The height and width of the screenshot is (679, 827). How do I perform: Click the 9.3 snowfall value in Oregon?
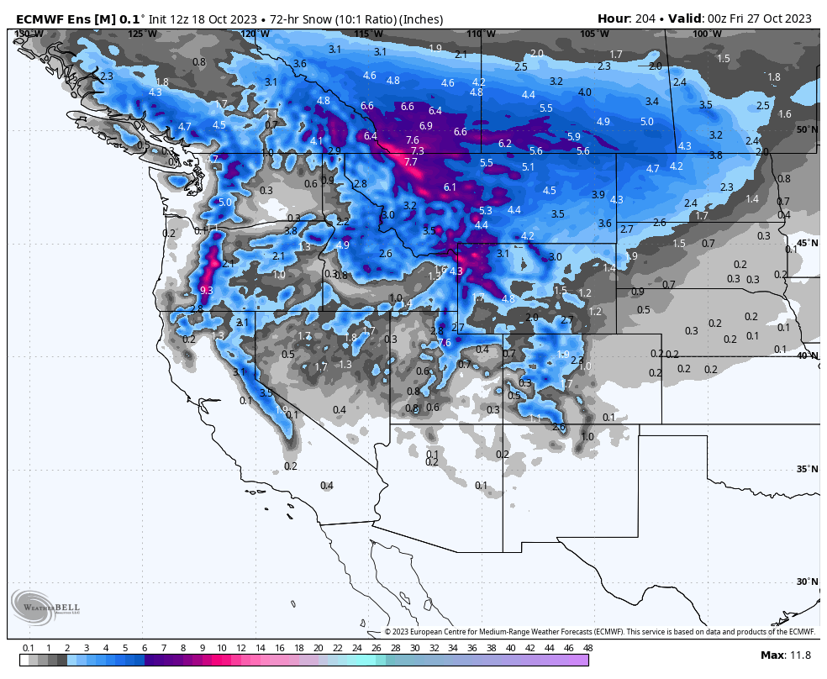(206, 290)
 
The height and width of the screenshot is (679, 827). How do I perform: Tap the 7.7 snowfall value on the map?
(410, 162)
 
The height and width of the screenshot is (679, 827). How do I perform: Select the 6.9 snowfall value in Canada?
(425, 126)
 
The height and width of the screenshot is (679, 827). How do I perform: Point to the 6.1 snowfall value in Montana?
(450, 187)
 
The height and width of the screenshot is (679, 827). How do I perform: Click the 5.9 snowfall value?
(573, 137)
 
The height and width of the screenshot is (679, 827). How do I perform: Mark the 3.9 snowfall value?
(598, 195)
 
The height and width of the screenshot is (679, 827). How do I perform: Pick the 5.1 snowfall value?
(528, 167)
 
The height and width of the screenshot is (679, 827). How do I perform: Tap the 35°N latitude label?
(807, 469)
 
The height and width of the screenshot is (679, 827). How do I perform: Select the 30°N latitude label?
(807, 582)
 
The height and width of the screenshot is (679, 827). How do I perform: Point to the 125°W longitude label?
(142, 34)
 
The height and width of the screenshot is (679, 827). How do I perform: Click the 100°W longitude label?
(707, 34)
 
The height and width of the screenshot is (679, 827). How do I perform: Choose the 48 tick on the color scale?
(587, 648)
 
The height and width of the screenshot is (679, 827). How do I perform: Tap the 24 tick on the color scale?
(356, 648)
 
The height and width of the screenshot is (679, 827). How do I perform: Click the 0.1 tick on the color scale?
(28, 648)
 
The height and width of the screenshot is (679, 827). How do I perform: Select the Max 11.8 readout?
(785, 655)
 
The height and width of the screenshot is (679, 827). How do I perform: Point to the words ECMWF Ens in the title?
(47, 18)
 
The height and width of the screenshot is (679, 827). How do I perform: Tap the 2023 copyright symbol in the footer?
(388, 632)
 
